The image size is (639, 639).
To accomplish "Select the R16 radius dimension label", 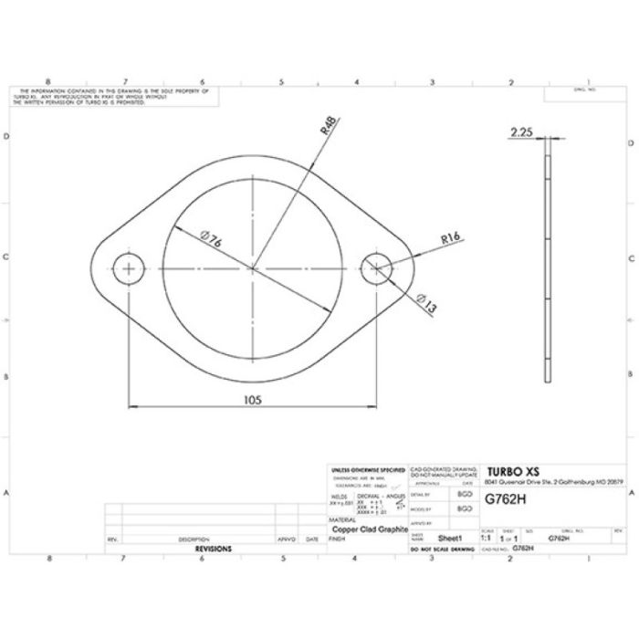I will tap(448, 238).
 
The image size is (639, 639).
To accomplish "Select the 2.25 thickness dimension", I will tap(522, 132).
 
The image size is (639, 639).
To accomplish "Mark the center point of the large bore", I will tap(253, 268).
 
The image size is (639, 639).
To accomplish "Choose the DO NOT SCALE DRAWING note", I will tap(443, 550).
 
